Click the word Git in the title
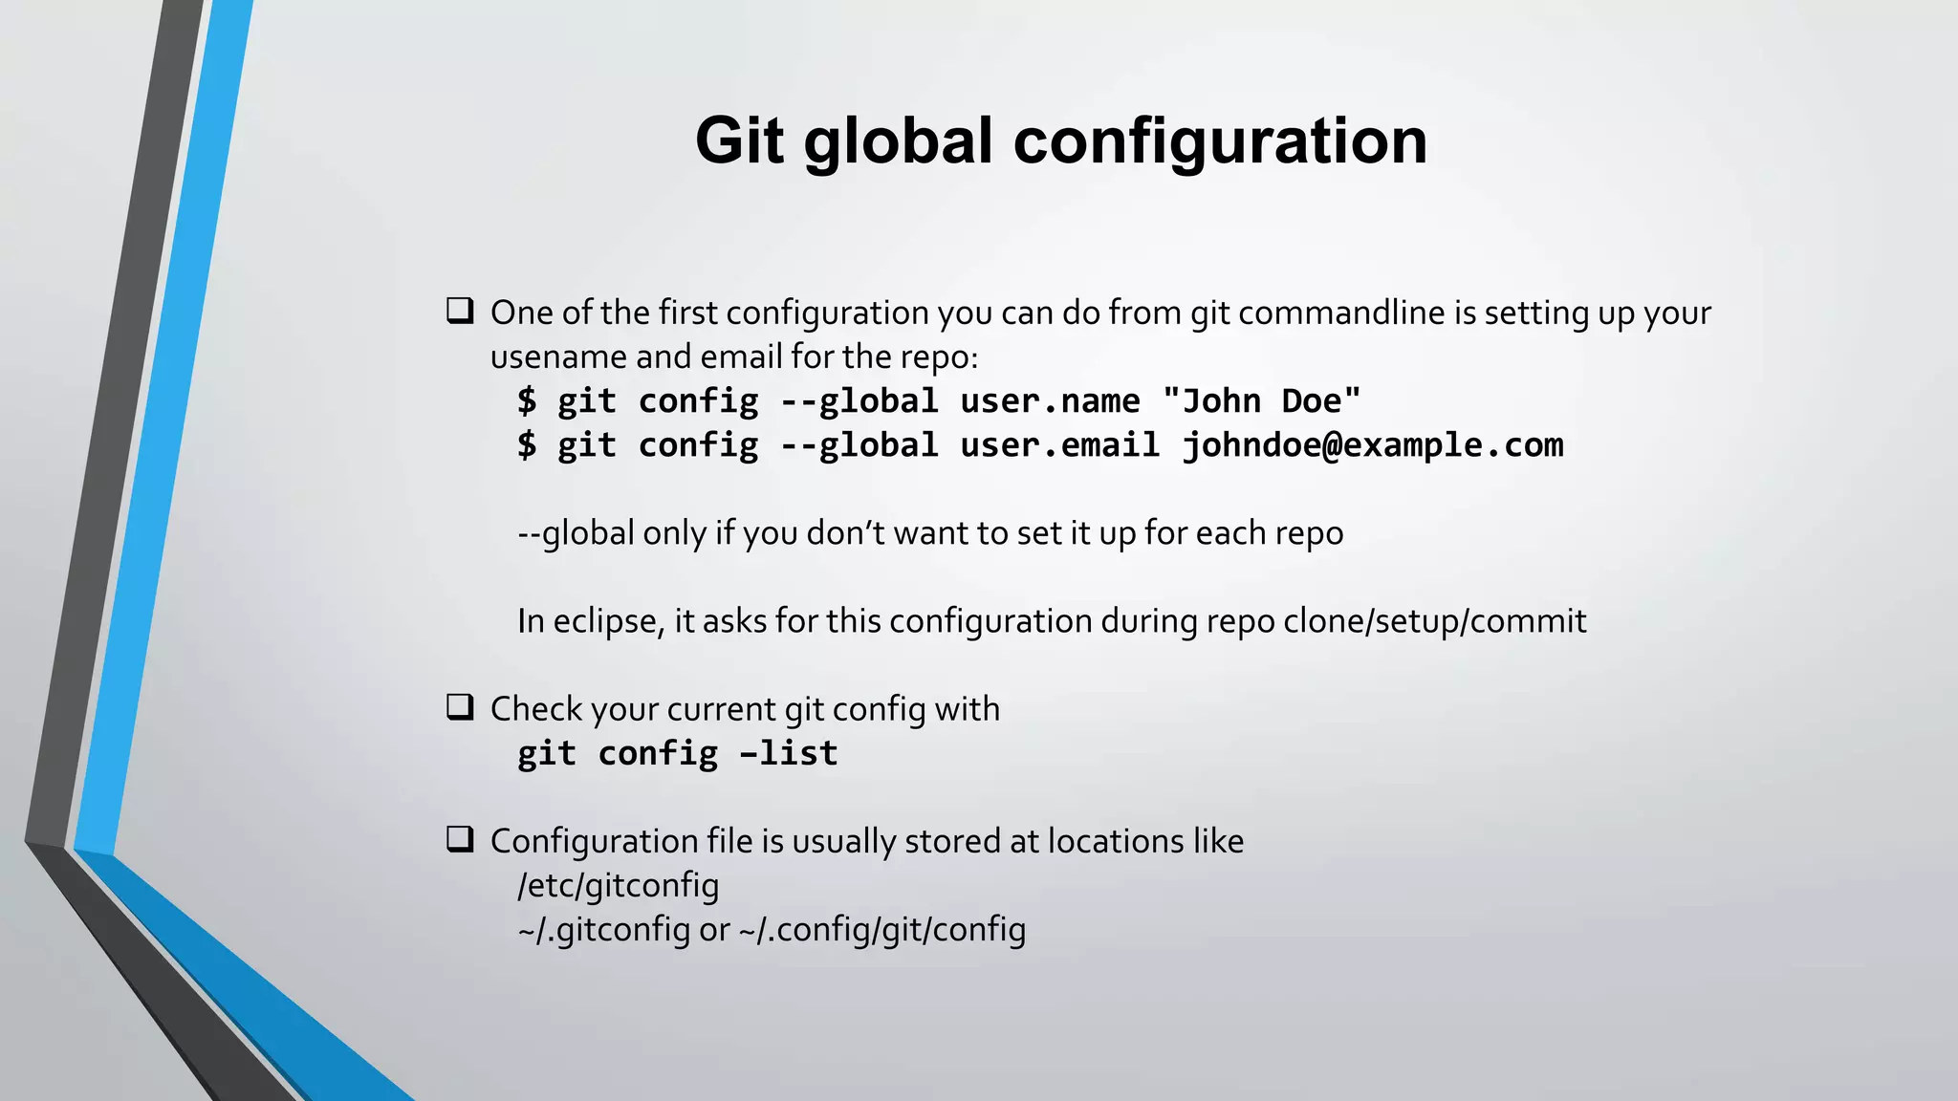point(741,140)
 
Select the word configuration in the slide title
point(1220,140)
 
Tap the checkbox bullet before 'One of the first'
point(460,311)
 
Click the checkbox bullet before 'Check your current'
point(460,707)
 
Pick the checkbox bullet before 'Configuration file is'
point(460,839)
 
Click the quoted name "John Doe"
point(1261,400)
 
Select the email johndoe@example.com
point(1373,445)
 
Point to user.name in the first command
point(1050,400)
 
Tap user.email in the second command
point(1059,445)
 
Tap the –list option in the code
point(789,753)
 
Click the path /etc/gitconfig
point(618,885)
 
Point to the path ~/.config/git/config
point(881,929)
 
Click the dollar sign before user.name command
point(527,400)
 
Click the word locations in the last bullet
point(1116,841)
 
